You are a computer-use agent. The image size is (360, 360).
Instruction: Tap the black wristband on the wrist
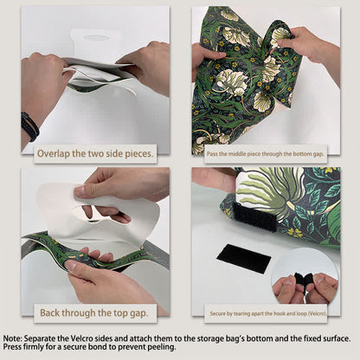tap(29, 126)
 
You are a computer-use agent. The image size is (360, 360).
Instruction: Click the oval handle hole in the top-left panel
tap(97, 37)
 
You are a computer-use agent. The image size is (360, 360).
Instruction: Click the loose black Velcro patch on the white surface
tap(243, 257)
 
